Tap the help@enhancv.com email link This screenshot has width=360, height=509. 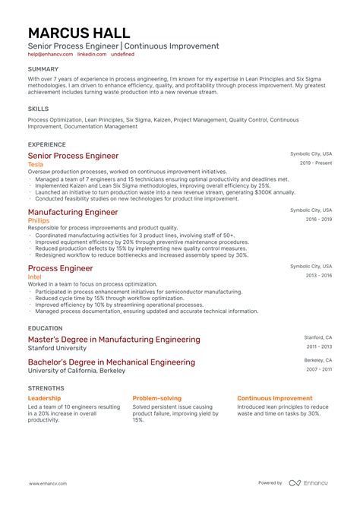tap(51, 55)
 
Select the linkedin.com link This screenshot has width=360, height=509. tap(91, 55)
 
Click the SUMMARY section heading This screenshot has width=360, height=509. tap(43, 69)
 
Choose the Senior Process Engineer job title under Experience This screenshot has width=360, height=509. tap(73, 156)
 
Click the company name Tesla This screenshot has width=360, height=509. tap(36, 164)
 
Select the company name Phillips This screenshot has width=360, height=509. tap(39, 220)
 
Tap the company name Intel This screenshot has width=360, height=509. tap(35, 277)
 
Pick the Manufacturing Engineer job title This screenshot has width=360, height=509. tap(73, 212)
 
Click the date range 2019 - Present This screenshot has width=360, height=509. tap(316, 163)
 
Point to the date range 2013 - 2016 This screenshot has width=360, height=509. tap(317, 275)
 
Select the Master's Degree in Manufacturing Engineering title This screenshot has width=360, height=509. tap(114, 340)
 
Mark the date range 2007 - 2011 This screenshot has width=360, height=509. tap(317, 369)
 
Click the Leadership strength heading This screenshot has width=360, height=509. tap(46, 398)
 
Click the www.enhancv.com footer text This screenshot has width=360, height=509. tap(50, 483)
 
